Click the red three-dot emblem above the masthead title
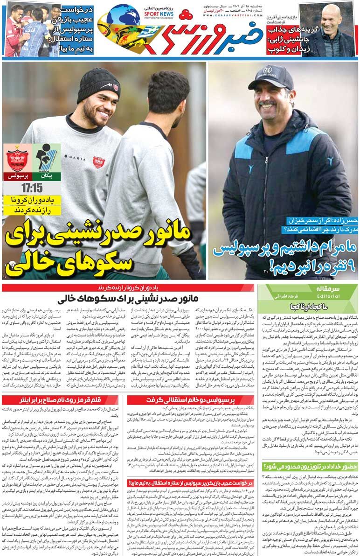[186, 14]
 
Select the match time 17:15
[32, 188]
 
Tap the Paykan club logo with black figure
[46, 159]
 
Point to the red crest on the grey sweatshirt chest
[98, 162]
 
